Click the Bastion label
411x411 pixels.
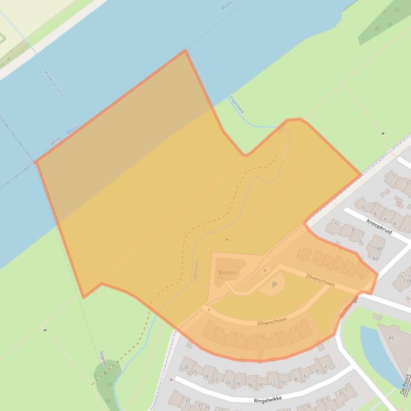click(227, 273)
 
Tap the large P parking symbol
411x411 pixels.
click(275, 285)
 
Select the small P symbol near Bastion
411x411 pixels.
click(265, 271)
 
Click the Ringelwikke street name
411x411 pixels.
click(268, 399)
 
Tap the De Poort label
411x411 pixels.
click(406, 383)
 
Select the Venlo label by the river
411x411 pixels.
click(55, 140)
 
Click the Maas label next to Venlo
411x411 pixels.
click(73, 129)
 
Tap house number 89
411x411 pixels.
click(391, 338)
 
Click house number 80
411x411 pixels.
click(379, 248)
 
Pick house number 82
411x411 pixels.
click(375, 259)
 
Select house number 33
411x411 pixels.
click(187, 401)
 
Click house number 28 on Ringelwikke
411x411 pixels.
click(185, 367)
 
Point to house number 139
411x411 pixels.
click(407, 281)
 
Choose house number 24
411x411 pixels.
click(206, 376)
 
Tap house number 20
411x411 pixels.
click(228, 383)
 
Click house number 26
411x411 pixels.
click(195, 372)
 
